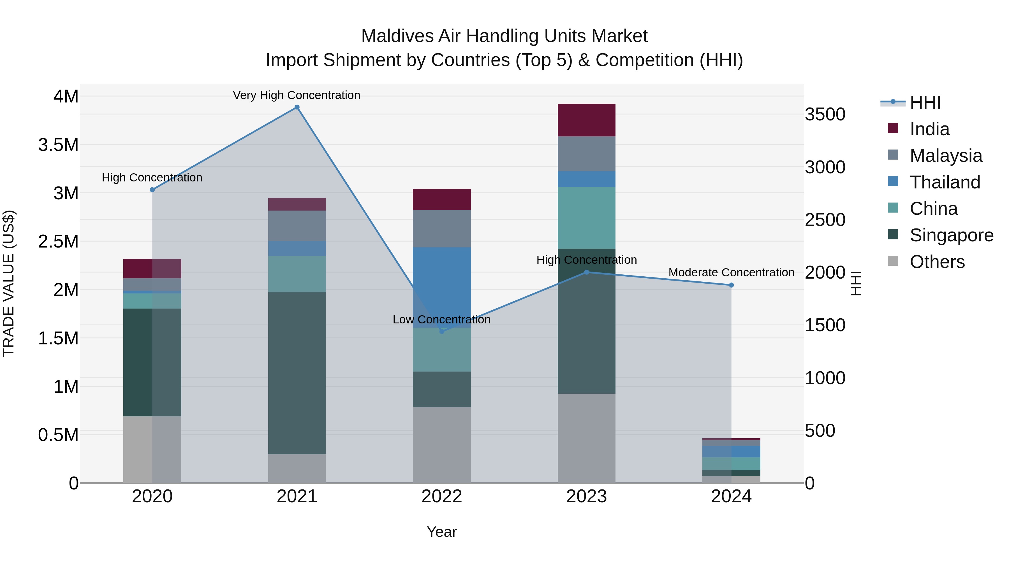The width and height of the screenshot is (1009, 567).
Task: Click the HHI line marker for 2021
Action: [297, 107]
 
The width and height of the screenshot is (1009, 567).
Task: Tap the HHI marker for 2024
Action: [731, 285]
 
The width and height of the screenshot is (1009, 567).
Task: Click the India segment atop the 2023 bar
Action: [586, 120]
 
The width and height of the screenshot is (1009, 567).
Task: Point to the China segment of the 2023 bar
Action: [586, 218]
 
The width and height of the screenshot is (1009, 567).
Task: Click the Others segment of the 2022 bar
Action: [442, 445]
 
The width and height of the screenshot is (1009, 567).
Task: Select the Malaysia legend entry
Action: [946, 156]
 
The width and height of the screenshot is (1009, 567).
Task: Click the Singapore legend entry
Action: [951, 235]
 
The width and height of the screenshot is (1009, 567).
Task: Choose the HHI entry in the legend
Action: [925, 102]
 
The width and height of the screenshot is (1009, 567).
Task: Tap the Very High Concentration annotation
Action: [297, 95]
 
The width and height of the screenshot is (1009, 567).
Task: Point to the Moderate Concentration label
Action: [731, 272]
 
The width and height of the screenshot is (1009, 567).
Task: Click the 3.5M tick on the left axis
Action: [58, 145]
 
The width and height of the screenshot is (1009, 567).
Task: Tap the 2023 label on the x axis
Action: [586, 496]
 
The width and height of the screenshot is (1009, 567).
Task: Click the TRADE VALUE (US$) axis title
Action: [9, 283]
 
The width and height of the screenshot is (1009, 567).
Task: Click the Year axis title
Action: [441, 532]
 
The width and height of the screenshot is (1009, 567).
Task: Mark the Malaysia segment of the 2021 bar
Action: [297, 226]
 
